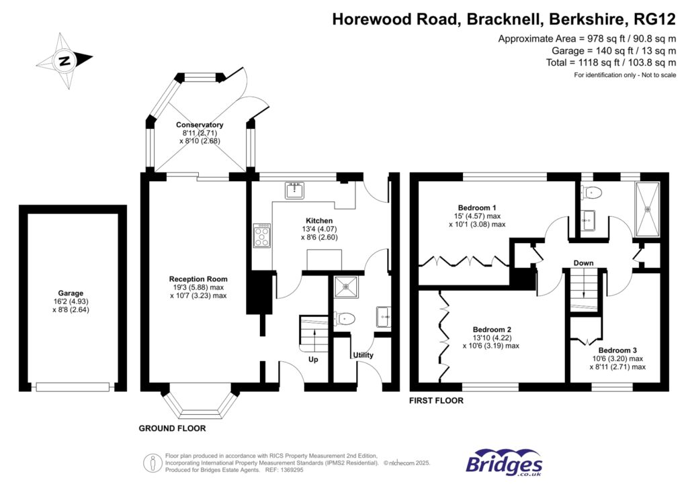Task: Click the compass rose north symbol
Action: pyautogui.click(x=64, y=61)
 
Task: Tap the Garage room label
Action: pyautogui.click(x=71, y=293)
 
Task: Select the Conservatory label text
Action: pyautogui.click(x=200, y=125)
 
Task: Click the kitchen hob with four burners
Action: pyautogui.click(x=261, y=236)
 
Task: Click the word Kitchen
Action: pyautogui.click(x=319, y=221)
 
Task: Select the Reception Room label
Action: pyautogui.click(x=198, y=279)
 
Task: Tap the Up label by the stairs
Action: pyautogui.click(x=313, y=359)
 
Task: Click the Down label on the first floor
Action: pyautogui.click(x=583, y=262)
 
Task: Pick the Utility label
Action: pyautogui.click(x=363, y=355)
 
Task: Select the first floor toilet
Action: pyautogui.click(x=591, y=193)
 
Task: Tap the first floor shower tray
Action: pyautogui.click(x=648, y=208)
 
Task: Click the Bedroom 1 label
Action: pyautogui.click(x=478, y=207)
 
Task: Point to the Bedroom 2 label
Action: pyautogui.click(x=492, y=330)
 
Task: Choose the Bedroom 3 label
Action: pyautogui.click(x=617, y=350)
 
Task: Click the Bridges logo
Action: pyautogui.click(x=504, y=463)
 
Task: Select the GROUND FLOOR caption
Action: pyautogui.click(x=172, y=428)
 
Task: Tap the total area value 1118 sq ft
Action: pyautogui.click(x=576, y=62)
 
